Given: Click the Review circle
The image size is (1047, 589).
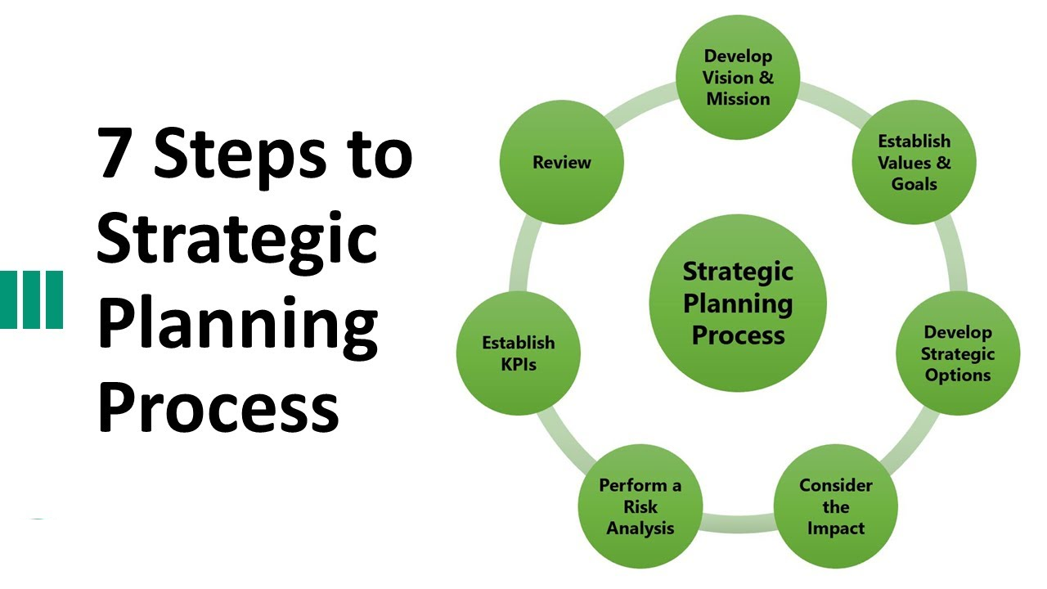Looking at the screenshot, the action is coord(562,162).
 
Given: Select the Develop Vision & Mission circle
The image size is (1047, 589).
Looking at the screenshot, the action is coord(738,77).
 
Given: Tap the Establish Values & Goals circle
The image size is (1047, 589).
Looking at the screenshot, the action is coord(914,162).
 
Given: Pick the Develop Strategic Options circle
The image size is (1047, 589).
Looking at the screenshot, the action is coord(958,353).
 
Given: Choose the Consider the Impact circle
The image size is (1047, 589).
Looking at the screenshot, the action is coord(836,506).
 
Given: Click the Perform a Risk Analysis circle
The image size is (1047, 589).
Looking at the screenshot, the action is coord(640,506).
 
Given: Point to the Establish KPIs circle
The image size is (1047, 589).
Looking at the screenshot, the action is coord(519,353).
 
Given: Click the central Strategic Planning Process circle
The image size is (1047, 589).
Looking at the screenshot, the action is coord(738,303).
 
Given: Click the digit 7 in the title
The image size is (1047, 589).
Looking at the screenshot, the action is coord(114,153).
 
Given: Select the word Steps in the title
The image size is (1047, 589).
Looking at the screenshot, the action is coord(240,159).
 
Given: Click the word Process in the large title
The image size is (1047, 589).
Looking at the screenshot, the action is coord(218,407).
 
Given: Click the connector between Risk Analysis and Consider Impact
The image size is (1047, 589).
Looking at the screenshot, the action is coord(738,523).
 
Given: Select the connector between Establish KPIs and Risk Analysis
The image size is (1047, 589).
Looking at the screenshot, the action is coord(564,437).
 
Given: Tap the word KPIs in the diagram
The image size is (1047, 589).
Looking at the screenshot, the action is coord(519,365).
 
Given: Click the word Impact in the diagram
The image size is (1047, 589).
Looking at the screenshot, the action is coord(836,528).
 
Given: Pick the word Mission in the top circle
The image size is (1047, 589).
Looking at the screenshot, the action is coord(738,99).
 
